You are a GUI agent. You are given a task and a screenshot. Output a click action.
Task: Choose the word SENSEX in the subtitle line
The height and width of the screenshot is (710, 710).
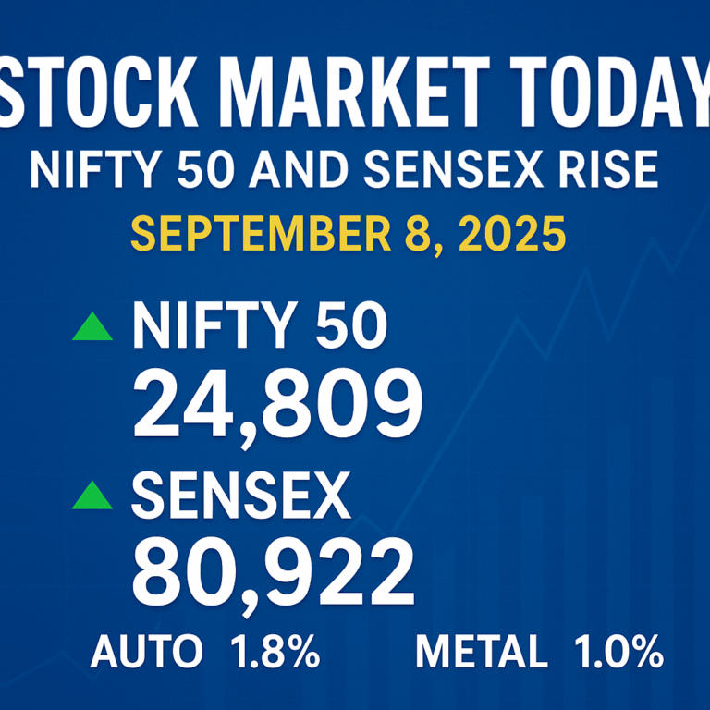(x=452, y=169)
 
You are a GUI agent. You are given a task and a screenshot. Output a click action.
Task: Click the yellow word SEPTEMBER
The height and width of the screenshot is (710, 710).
(x=261, y=234)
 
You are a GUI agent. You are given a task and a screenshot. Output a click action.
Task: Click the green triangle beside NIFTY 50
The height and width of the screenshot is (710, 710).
(x=92, y=326)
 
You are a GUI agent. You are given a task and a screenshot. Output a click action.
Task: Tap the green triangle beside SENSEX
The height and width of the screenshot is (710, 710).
(x=92, y=495)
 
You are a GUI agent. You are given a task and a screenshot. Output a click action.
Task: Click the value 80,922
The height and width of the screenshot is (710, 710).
(x=273, y=574)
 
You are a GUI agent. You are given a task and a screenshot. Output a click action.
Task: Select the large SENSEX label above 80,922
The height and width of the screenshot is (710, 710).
(x=241, y=496)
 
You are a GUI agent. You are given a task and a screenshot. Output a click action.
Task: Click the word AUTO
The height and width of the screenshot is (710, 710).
(x=146, y=652)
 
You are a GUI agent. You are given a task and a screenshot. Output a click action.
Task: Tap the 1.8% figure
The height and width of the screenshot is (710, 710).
(x=275, y=652)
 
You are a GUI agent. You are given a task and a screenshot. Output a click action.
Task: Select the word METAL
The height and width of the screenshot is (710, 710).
(x=482, y=652)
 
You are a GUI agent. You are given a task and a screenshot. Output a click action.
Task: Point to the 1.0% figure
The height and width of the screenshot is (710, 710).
(x=619, y=652)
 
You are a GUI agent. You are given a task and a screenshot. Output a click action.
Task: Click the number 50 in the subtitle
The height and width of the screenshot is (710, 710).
(x=205, y=169)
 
